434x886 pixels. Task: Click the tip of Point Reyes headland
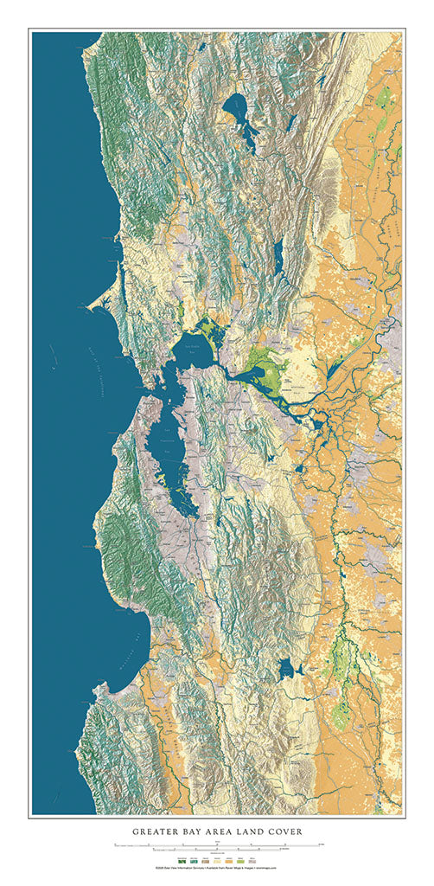coord(91,305)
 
